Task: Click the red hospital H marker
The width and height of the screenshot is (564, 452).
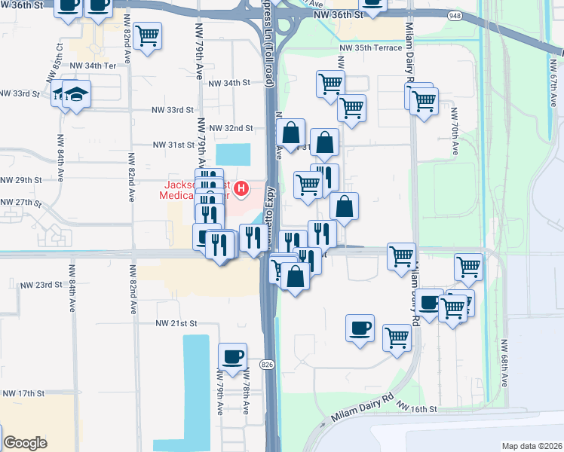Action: (241, 188)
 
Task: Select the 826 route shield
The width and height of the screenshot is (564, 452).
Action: (266, 364)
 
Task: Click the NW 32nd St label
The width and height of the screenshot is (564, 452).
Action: (231, 129)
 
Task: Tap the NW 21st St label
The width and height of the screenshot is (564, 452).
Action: (176, 322)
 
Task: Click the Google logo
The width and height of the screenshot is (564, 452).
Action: (25, 443)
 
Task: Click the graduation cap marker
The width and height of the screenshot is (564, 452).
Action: (76, 94)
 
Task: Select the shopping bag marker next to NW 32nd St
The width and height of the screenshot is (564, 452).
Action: (291, 133)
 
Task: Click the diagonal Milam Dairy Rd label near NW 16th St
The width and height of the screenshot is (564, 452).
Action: (363, 408)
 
